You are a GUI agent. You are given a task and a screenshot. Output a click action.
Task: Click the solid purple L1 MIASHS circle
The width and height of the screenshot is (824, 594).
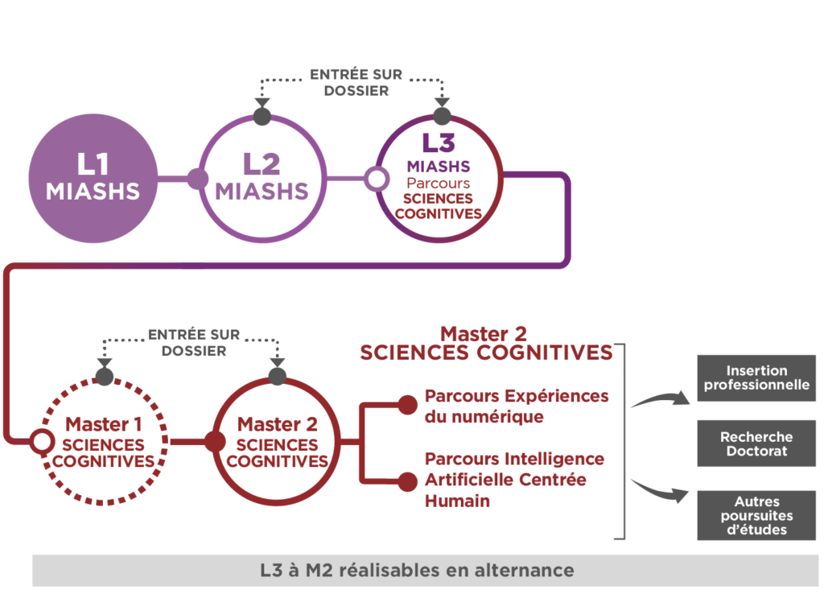(x=93, y=178)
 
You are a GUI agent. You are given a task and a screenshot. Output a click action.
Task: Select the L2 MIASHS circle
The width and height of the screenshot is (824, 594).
(x=262, y=178)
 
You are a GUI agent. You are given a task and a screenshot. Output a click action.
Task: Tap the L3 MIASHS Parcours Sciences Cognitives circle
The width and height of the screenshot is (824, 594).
(x=439, y=178)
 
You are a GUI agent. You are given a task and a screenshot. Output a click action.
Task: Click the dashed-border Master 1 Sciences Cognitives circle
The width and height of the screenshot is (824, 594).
(x=103, y=441)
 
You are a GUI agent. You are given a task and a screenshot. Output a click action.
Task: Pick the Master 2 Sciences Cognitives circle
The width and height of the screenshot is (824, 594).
(x=278, y=441)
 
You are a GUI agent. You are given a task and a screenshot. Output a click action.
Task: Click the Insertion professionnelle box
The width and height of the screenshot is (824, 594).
(x=756, y=378)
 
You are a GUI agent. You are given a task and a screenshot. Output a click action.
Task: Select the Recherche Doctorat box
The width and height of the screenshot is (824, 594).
(x=756, y=443)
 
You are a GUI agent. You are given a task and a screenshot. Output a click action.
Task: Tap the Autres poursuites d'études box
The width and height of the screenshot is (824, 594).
(x=756, y=515)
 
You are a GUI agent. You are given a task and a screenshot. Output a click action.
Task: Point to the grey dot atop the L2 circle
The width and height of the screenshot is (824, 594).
(x=262, y=116)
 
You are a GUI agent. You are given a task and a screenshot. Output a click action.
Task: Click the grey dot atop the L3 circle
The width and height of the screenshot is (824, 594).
(x=441, y=116)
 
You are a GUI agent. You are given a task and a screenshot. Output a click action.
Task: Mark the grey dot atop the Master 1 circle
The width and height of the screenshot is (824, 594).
(x=104, y=377)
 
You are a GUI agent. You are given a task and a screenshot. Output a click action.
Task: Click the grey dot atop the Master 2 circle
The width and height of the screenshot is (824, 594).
(x=278, y=377)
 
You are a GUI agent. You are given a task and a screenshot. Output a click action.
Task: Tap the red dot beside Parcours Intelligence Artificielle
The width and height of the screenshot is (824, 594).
(x=408, y=481)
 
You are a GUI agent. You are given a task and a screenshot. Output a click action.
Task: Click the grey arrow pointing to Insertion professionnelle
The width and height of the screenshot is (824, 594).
(x=658, y=398)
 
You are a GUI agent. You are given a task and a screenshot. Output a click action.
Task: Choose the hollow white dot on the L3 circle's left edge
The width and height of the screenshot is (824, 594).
(x=375, y=178)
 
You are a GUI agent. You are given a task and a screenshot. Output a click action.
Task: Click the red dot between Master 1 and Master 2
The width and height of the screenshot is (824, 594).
(x=214, y=441)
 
